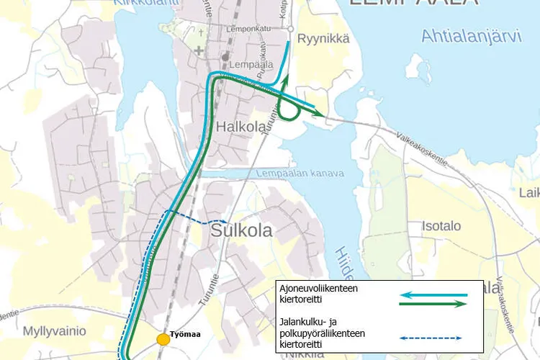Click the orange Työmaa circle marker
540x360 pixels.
tap(163, 338)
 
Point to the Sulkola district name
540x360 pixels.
tap(241, 230)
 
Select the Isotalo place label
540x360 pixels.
tap(441, 226)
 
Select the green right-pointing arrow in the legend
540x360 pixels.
tap(431, 304)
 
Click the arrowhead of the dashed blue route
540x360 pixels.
tap(225, 221)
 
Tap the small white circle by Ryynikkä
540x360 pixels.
tap(290, 29)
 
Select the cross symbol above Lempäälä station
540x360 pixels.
tap(199, 50)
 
